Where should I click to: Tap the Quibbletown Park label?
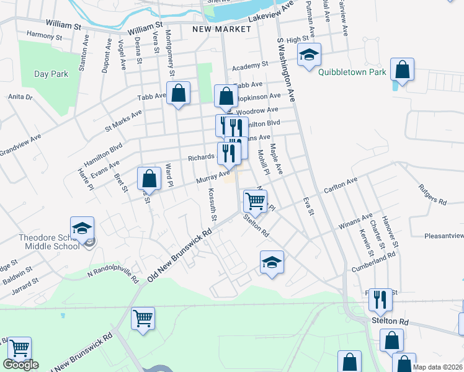coord(352,72)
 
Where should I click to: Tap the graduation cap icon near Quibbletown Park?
coord(309,56)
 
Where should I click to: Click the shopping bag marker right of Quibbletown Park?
coord(402,70)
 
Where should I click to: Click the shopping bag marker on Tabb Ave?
coord(178,94)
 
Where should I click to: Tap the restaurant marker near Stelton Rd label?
coord(380,301)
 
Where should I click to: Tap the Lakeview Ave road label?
coord(270,13)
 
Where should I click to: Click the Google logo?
coord(21,365)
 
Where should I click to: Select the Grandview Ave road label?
coord(20,144)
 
